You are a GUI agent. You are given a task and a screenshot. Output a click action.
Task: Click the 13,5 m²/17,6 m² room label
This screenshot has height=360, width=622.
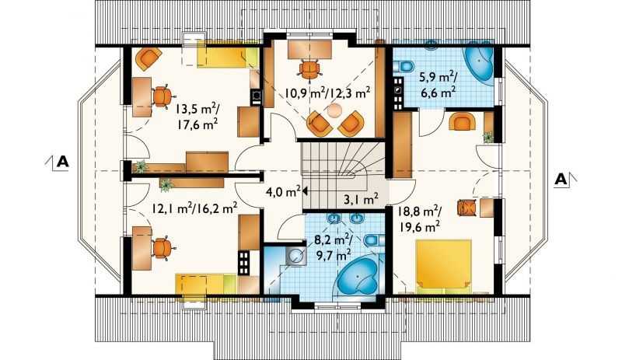pyautogui.click(x=197, y=116)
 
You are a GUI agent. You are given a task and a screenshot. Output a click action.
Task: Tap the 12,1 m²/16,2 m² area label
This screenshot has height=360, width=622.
pyautogui.click(x=195, y=208)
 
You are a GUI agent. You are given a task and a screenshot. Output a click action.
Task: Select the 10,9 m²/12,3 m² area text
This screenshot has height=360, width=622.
pyautogui.click(x=327, y=93)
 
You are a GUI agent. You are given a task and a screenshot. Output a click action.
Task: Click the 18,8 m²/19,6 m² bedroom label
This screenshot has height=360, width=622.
pyautogui.click(x=418, y=219)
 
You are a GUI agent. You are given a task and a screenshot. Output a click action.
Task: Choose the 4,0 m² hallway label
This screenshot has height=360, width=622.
pyautogui.click(x=283, y=193)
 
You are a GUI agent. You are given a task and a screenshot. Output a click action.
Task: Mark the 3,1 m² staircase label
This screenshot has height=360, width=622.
pyautogui.click(x=361, y=198)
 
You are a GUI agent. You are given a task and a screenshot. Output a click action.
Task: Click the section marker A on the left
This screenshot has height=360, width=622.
pyautogui.click(x=63, y=162)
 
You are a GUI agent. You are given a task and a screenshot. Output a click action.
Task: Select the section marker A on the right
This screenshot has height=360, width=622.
pyautogui.click(x=561, y=180)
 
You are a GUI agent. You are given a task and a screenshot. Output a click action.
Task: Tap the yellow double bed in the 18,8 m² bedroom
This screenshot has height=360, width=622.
pyautogui.click(x=443, y=267)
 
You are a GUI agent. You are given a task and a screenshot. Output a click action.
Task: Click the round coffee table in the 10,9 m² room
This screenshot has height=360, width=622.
pyautogui.click(x=334, y=110)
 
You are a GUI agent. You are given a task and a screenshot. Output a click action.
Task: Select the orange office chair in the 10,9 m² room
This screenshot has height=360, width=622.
pyautogui.click(x=309, y=69)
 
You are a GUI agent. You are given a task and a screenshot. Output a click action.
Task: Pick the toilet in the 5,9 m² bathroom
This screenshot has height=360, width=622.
pyautogui.click(x=403, y=66)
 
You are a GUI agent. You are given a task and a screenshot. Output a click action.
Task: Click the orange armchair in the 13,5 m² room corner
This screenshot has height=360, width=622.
pyautogui.click(x=148, y=59)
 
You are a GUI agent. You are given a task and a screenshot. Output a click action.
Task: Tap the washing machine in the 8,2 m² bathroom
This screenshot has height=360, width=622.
pyautogui.click(x=295, y=255)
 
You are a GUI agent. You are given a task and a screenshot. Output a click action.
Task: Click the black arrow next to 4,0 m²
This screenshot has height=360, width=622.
pyautogui.click(x=305, y=192)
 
